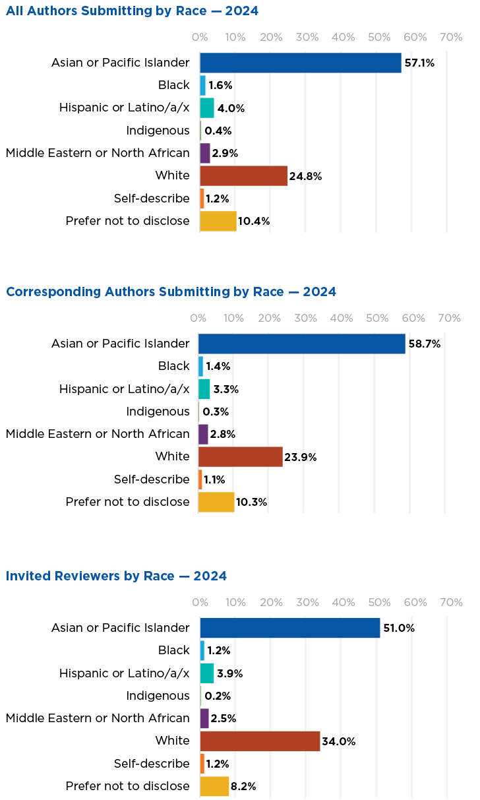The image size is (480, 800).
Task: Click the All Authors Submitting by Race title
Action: point(132,11)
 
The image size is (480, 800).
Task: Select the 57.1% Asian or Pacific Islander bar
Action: point(300,63)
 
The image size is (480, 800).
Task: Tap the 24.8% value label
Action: point(305,176)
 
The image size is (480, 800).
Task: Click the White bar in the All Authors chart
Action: point(243,176)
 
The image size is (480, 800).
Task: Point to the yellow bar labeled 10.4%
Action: point(218,221)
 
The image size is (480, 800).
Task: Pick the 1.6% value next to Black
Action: point(220,86)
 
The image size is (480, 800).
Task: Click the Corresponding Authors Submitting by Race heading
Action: point(171,292)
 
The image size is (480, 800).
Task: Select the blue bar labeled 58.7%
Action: point(301,344)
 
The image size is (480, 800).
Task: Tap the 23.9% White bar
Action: point(240,456)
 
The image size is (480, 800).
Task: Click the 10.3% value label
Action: point(251,502)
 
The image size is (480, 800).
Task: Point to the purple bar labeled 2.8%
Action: point(203,434)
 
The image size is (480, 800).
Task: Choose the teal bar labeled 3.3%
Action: point(204,389)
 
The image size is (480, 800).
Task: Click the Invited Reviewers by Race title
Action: point(116,576)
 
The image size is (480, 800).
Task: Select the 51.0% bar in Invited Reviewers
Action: point(290,628)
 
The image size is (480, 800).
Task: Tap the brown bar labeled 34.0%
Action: point(260,741)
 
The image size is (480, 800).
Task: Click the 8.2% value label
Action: point(243,786)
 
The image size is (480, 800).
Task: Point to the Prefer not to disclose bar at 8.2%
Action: point(214,786)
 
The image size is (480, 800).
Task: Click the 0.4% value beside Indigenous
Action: point(218,131)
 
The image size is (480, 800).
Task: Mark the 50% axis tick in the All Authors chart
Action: point(380,38)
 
